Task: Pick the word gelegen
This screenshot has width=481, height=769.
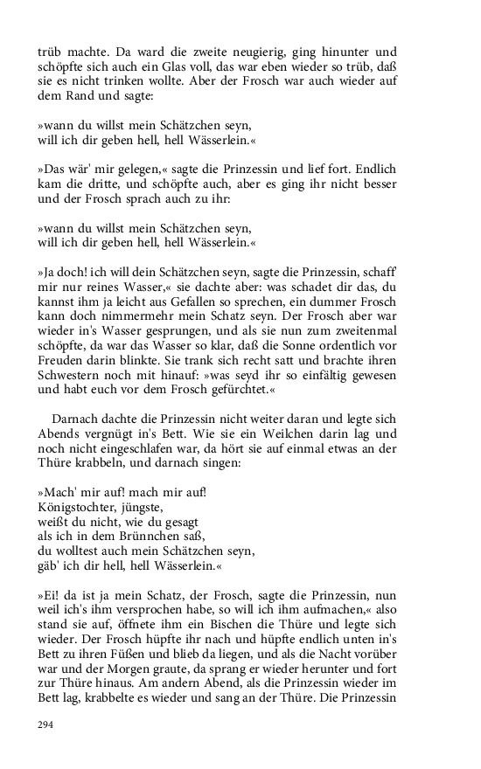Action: (143, 170)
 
